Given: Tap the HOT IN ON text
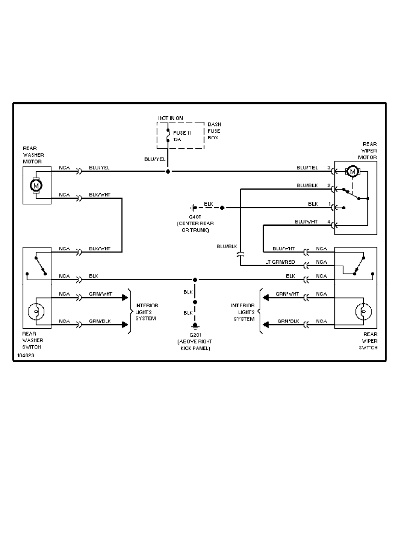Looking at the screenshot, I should [171, 118].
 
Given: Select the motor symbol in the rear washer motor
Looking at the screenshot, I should [36, 185].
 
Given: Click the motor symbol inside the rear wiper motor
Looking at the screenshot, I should [352, 172].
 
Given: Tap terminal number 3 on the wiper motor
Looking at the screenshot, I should [328, 168].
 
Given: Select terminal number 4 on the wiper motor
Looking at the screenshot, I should [328, 222].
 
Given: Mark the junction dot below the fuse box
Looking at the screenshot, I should [168, 172].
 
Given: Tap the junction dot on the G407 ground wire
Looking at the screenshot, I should [222, 208].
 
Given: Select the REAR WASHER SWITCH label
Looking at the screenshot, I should [32, 341].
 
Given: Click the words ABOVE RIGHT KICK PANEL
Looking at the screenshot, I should [195, 345].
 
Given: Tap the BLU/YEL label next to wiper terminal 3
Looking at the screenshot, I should [307, 168].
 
